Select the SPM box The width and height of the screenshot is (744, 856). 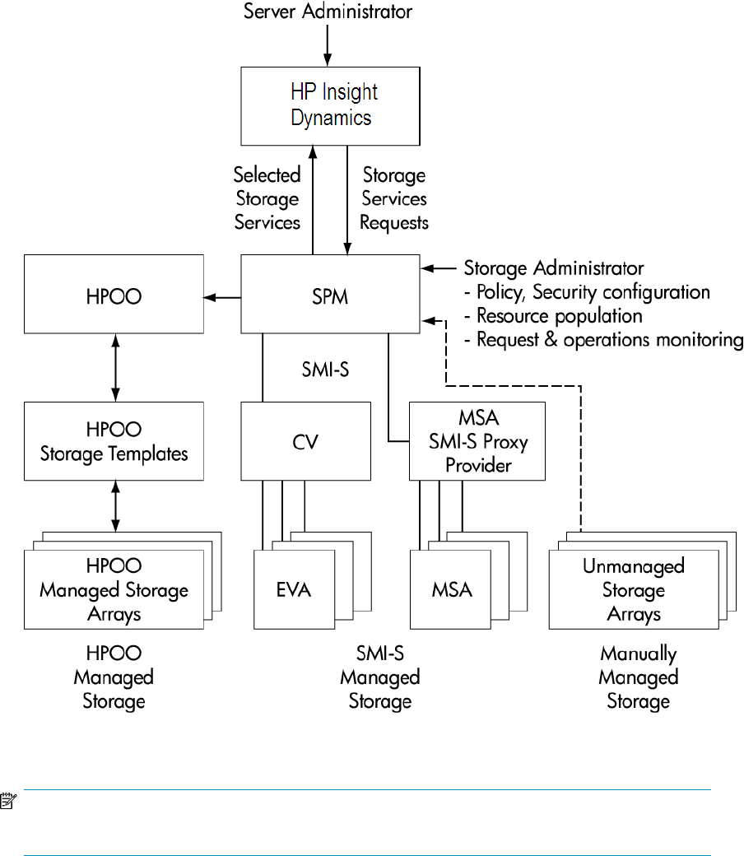[x=331, y=295]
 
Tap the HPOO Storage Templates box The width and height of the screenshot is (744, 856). [x=114, y=442]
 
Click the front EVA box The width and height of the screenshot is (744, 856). [x=294, y=590]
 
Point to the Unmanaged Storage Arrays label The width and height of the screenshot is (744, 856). [x=634, y=590]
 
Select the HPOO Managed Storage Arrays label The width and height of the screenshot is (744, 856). [x=114, y=590]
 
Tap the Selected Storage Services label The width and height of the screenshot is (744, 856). [x=267, y=198]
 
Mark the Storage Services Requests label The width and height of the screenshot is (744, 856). [x=394, y=198]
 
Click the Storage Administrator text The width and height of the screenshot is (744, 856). [x=554, y=268]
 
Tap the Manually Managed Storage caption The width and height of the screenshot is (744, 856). [x=638, y=678]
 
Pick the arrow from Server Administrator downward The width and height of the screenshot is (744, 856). [x=328, y=44]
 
